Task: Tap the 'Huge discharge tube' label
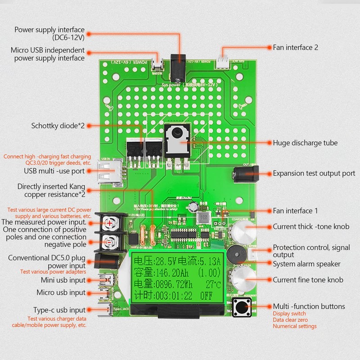coord(305,143)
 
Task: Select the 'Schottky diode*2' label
coord(58,126)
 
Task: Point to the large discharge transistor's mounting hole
coord(176,134)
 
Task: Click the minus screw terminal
coord(110,242)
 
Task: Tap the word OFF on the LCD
coord(207,296)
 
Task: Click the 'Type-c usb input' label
coord(59,310)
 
